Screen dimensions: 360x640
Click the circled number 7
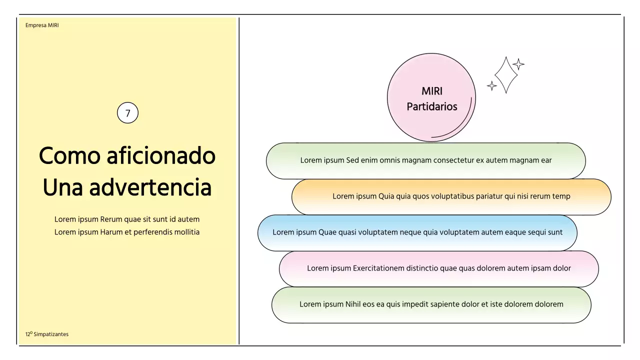coord(127,113)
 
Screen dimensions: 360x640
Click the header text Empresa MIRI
coord(42,25)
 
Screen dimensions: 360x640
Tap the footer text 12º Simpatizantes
coord(47,334)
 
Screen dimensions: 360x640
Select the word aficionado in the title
coord(160,155)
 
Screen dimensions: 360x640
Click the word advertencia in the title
coord(150,187)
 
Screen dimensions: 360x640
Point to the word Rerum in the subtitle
coord(111,219)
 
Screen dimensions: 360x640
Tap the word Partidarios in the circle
coord(432,106)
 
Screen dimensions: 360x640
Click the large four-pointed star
coord(506,74)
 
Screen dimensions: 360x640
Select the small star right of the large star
coord(518,64)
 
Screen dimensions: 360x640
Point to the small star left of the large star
coord(492,86)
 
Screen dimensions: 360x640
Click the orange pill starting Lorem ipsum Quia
coord(451,196)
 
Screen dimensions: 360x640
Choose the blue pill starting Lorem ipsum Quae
coord(417,232)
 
